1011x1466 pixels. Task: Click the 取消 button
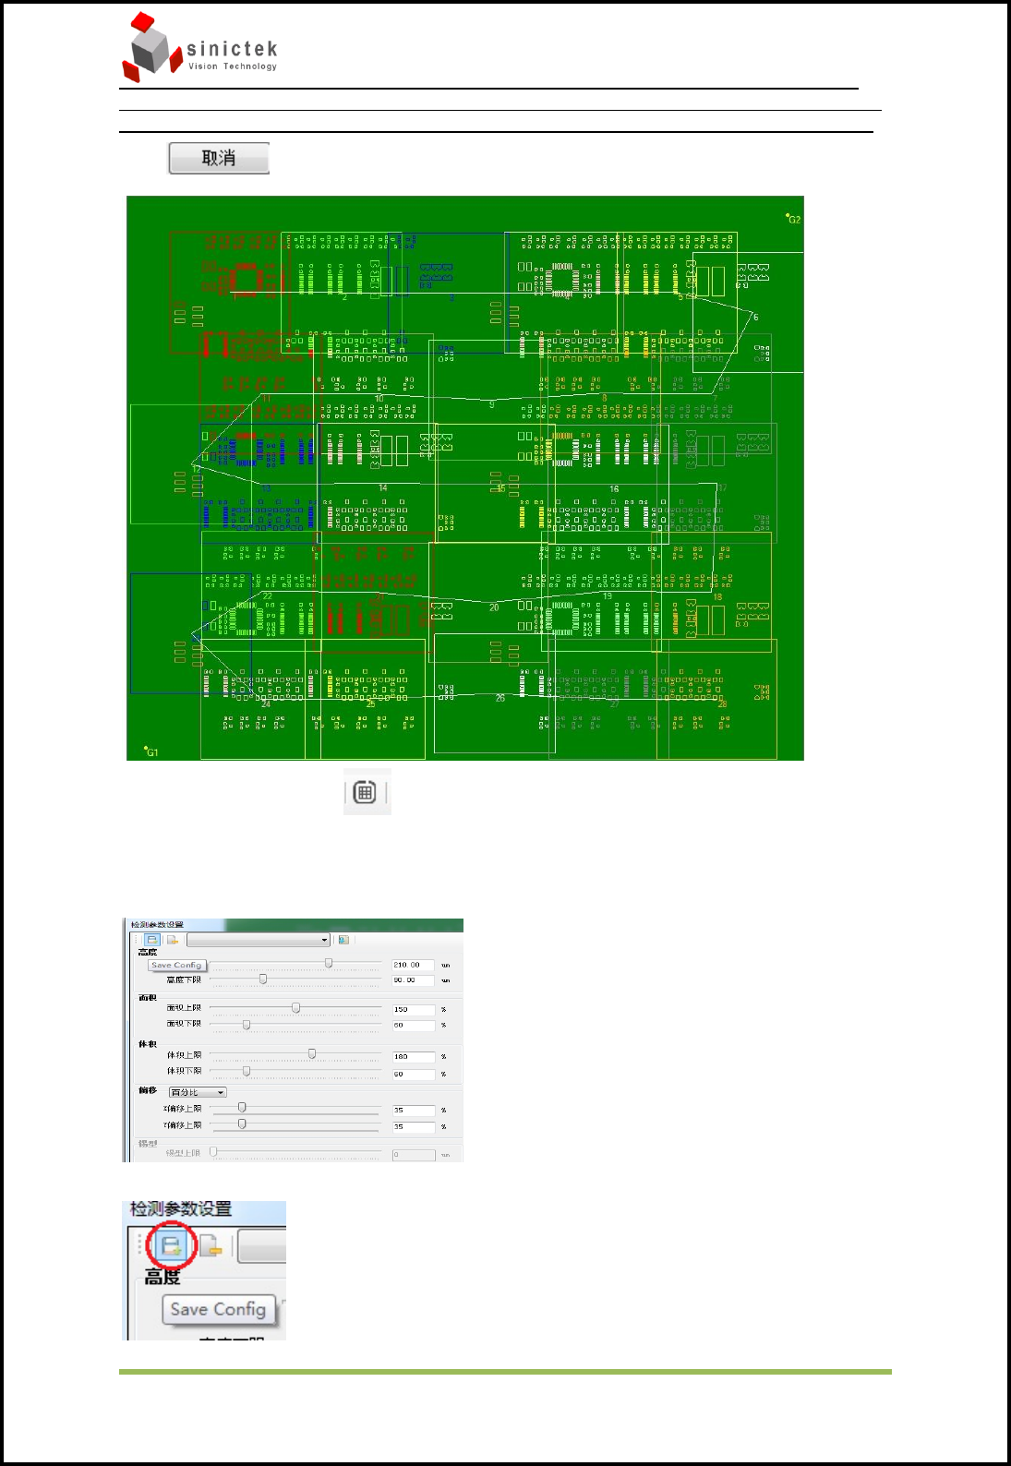click(219, 158)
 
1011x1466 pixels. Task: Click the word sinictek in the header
click(232, 49)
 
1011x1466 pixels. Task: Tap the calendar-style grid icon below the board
click(366, 792)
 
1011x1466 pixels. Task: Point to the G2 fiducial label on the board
click(793, 219)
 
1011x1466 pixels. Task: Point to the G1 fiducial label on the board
click(151, 751)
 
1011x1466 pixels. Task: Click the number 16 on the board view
click(614, 488)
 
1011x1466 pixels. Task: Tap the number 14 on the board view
click(383, 487)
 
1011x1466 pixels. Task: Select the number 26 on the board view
click(500, 698)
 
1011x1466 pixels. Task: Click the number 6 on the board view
click(755, 317)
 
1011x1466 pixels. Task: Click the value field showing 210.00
click(413, 965)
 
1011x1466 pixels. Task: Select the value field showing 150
click(413, 1009)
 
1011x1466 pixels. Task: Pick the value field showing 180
click(413, 1056)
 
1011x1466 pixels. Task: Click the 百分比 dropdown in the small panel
click(198, 1092)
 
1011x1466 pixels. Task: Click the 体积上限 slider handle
click(312, 1054)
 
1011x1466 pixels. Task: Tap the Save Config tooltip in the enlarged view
click(218, 1309)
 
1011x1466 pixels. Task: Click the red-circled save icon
click(171, 1245)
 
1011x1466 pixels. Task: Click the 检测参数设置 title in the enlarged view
click(181, 1209)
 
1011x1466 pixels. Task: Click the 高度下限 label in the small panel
click(184, 979)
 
